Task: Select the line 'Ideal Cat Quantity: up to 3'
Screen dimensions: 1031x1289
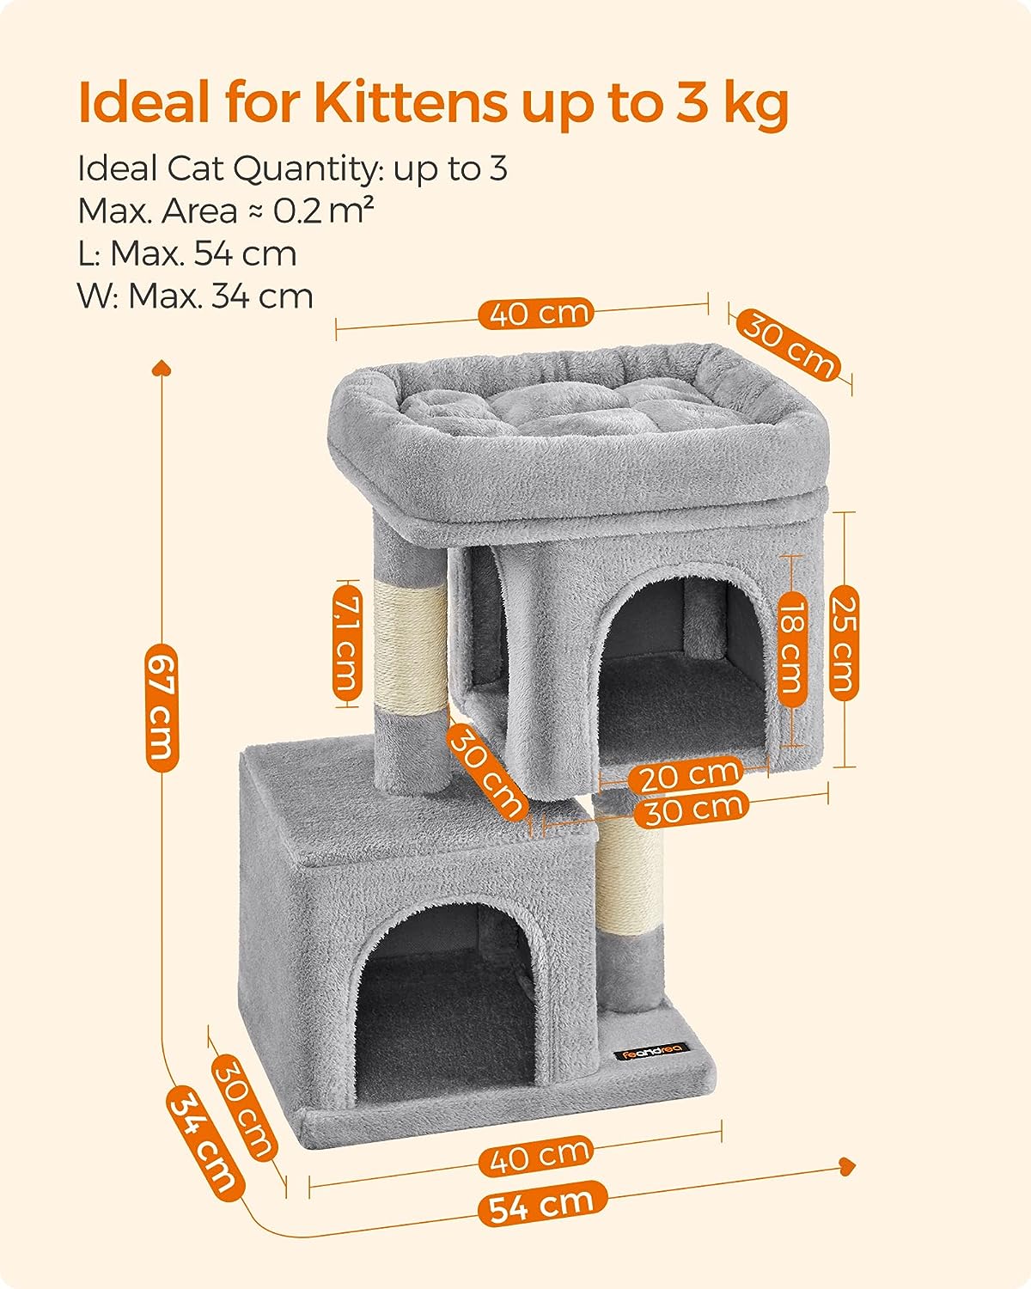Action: pyautogui.click(x=292, y=168)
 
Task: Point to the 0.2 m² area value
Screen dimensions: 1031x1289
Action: pyautogui.click(x=323, y=211)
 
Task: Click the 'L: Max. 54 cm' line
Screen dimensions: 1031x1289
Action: pyautogui.click(x=187, y=254)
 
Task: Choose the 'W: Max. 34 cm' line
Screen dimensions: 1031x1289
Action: pyautogui.click(x=195, y=296)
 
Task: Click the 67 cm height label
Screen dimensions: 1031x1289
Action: pyautogui.click(x=162, y=706)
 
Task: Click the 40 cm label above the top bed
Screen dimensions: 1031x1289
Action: pyautogui.click(x=536, y=314)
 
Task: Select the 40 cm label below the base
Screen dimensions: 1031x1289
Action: pyautogui.click(x=535, y=1155)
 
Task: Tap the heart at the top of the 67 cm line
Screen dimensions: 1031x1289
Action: pyautogui.click(x=162, y=367)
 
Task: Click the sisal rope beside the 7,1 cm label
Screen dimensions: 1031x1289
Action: pyautogui.click(x=411, y=644)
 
